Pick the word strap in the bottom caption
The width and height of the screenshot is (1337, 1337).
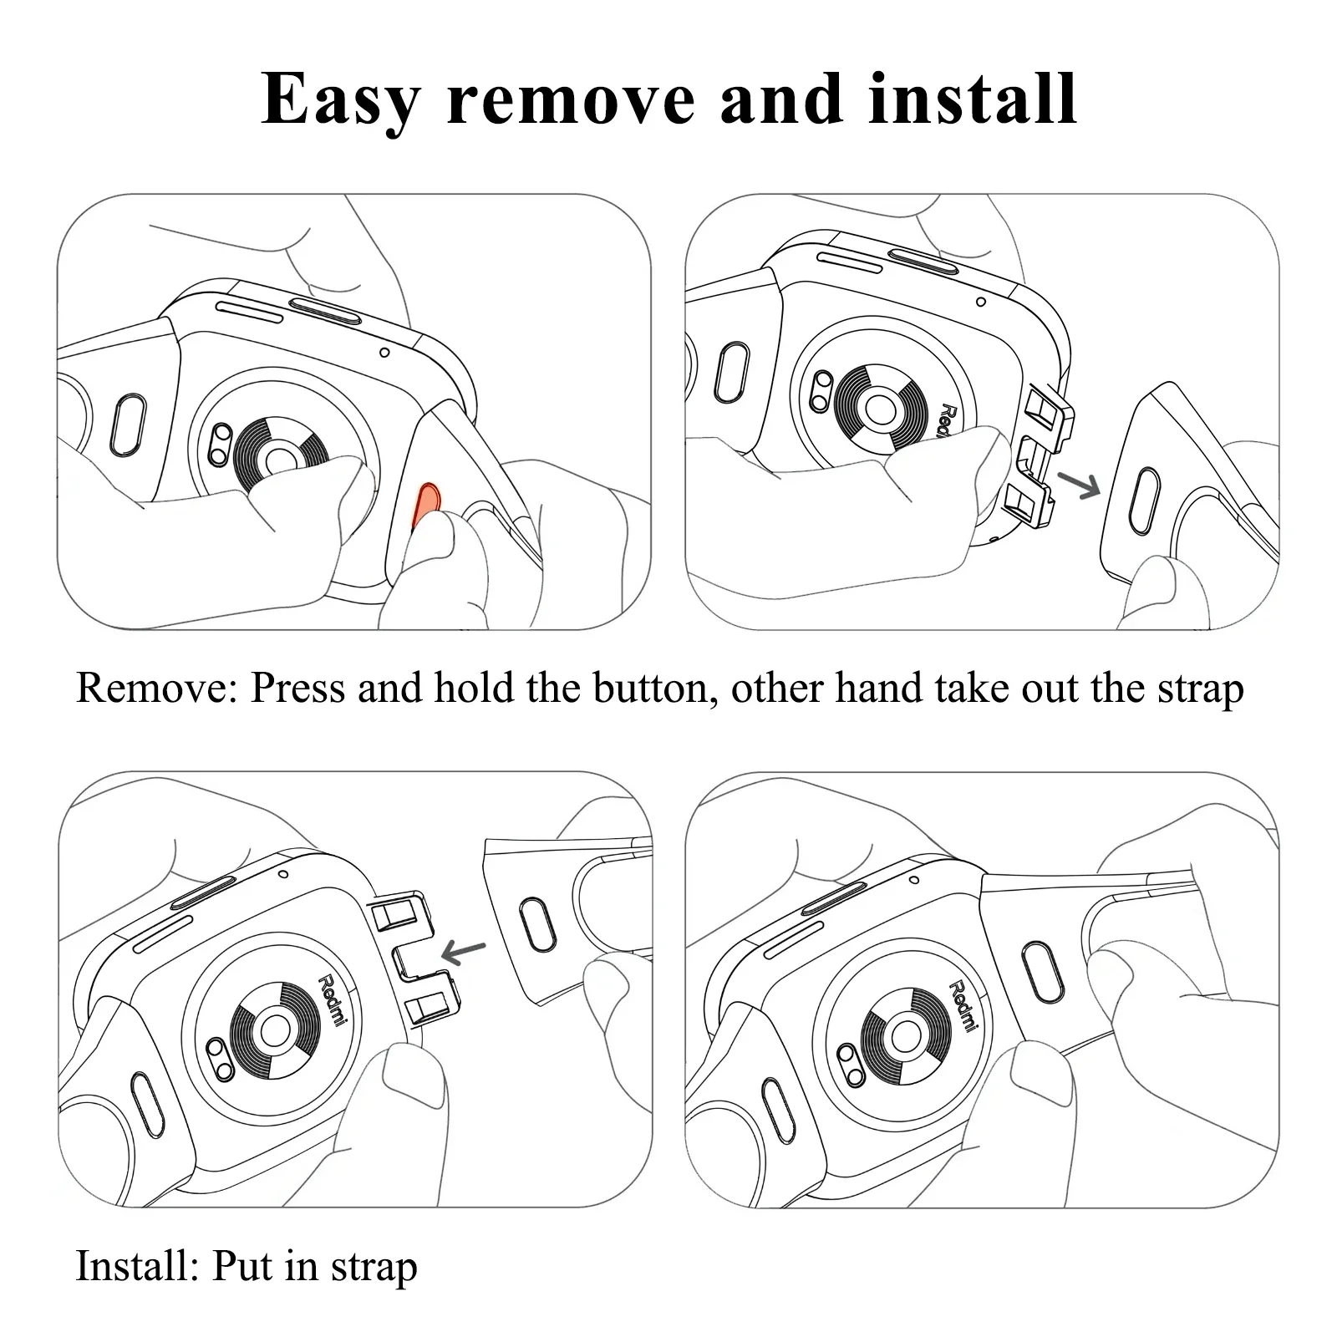pos(374,1268)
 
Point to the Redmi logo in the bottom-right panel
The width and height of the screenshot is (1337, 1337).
pos(963,1005)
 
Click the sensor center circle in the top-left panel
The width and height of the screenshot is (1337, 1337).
pos(279,461)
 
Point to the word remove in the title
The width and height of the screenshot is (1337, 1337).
pos(570,101)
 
